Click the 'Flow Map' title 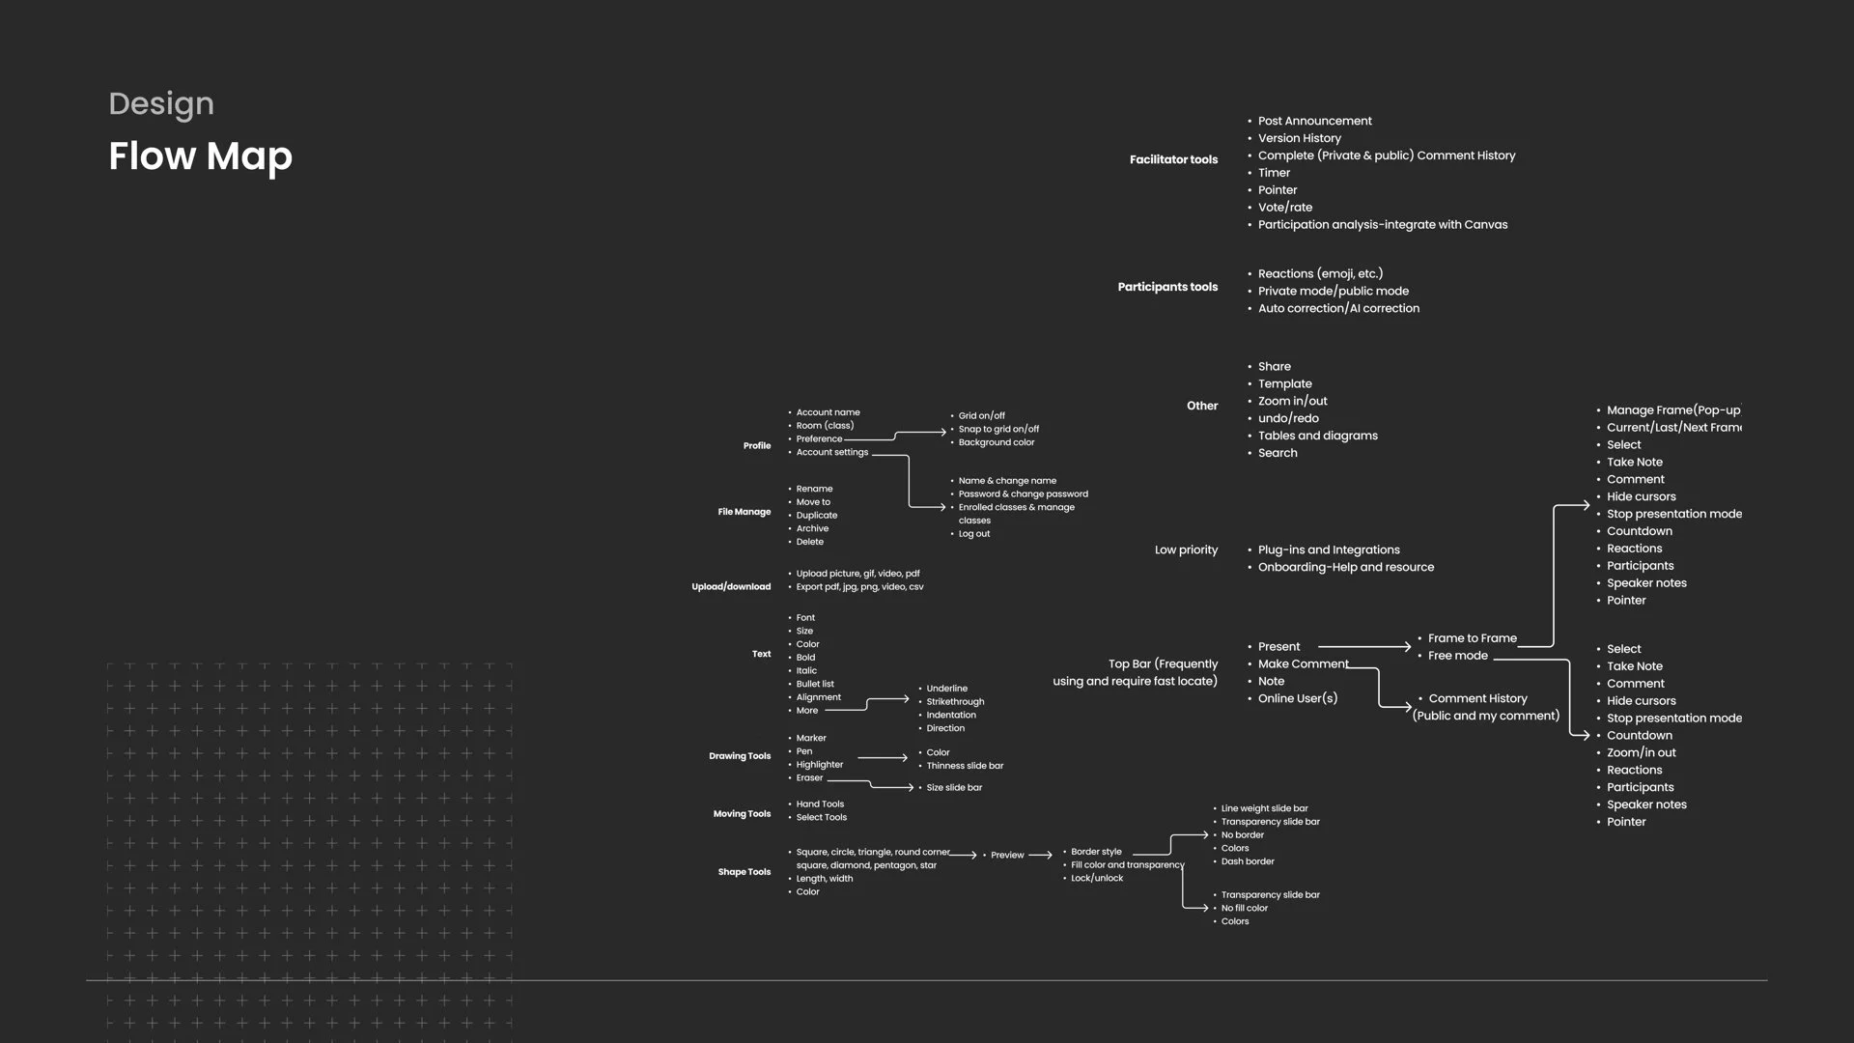coord(200,156)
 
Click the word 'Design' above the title coord(161,103)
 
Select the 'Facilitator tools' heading coord(1173,159)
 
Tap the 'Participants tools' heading coord(1167,287)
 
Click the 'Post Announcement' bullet coord(1314,121)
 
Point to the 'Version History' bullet coord(1299,138)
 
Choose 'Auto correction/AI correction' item coord(1338,308)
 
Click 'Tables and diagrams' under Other coord(1317,436)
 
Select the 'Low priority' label coord(1186,550)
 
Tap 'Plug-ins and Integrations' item coord(1329,550)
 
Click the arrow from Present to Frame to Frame coord(1364,646)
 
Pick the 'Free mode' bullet coord(1457,656)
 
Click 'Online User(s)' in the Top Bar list coord(1297,698)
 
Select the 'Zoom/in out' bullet coord(1641,752)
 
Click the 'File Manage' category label coord(744,512)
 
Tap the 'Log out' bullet coord(973,533)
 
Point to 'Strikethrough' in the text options coord(955,702)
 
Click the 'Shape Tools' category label coord(744,872)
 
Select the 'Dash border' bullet coord(1247,861)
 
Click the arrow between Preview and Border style coord(1040,855)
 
